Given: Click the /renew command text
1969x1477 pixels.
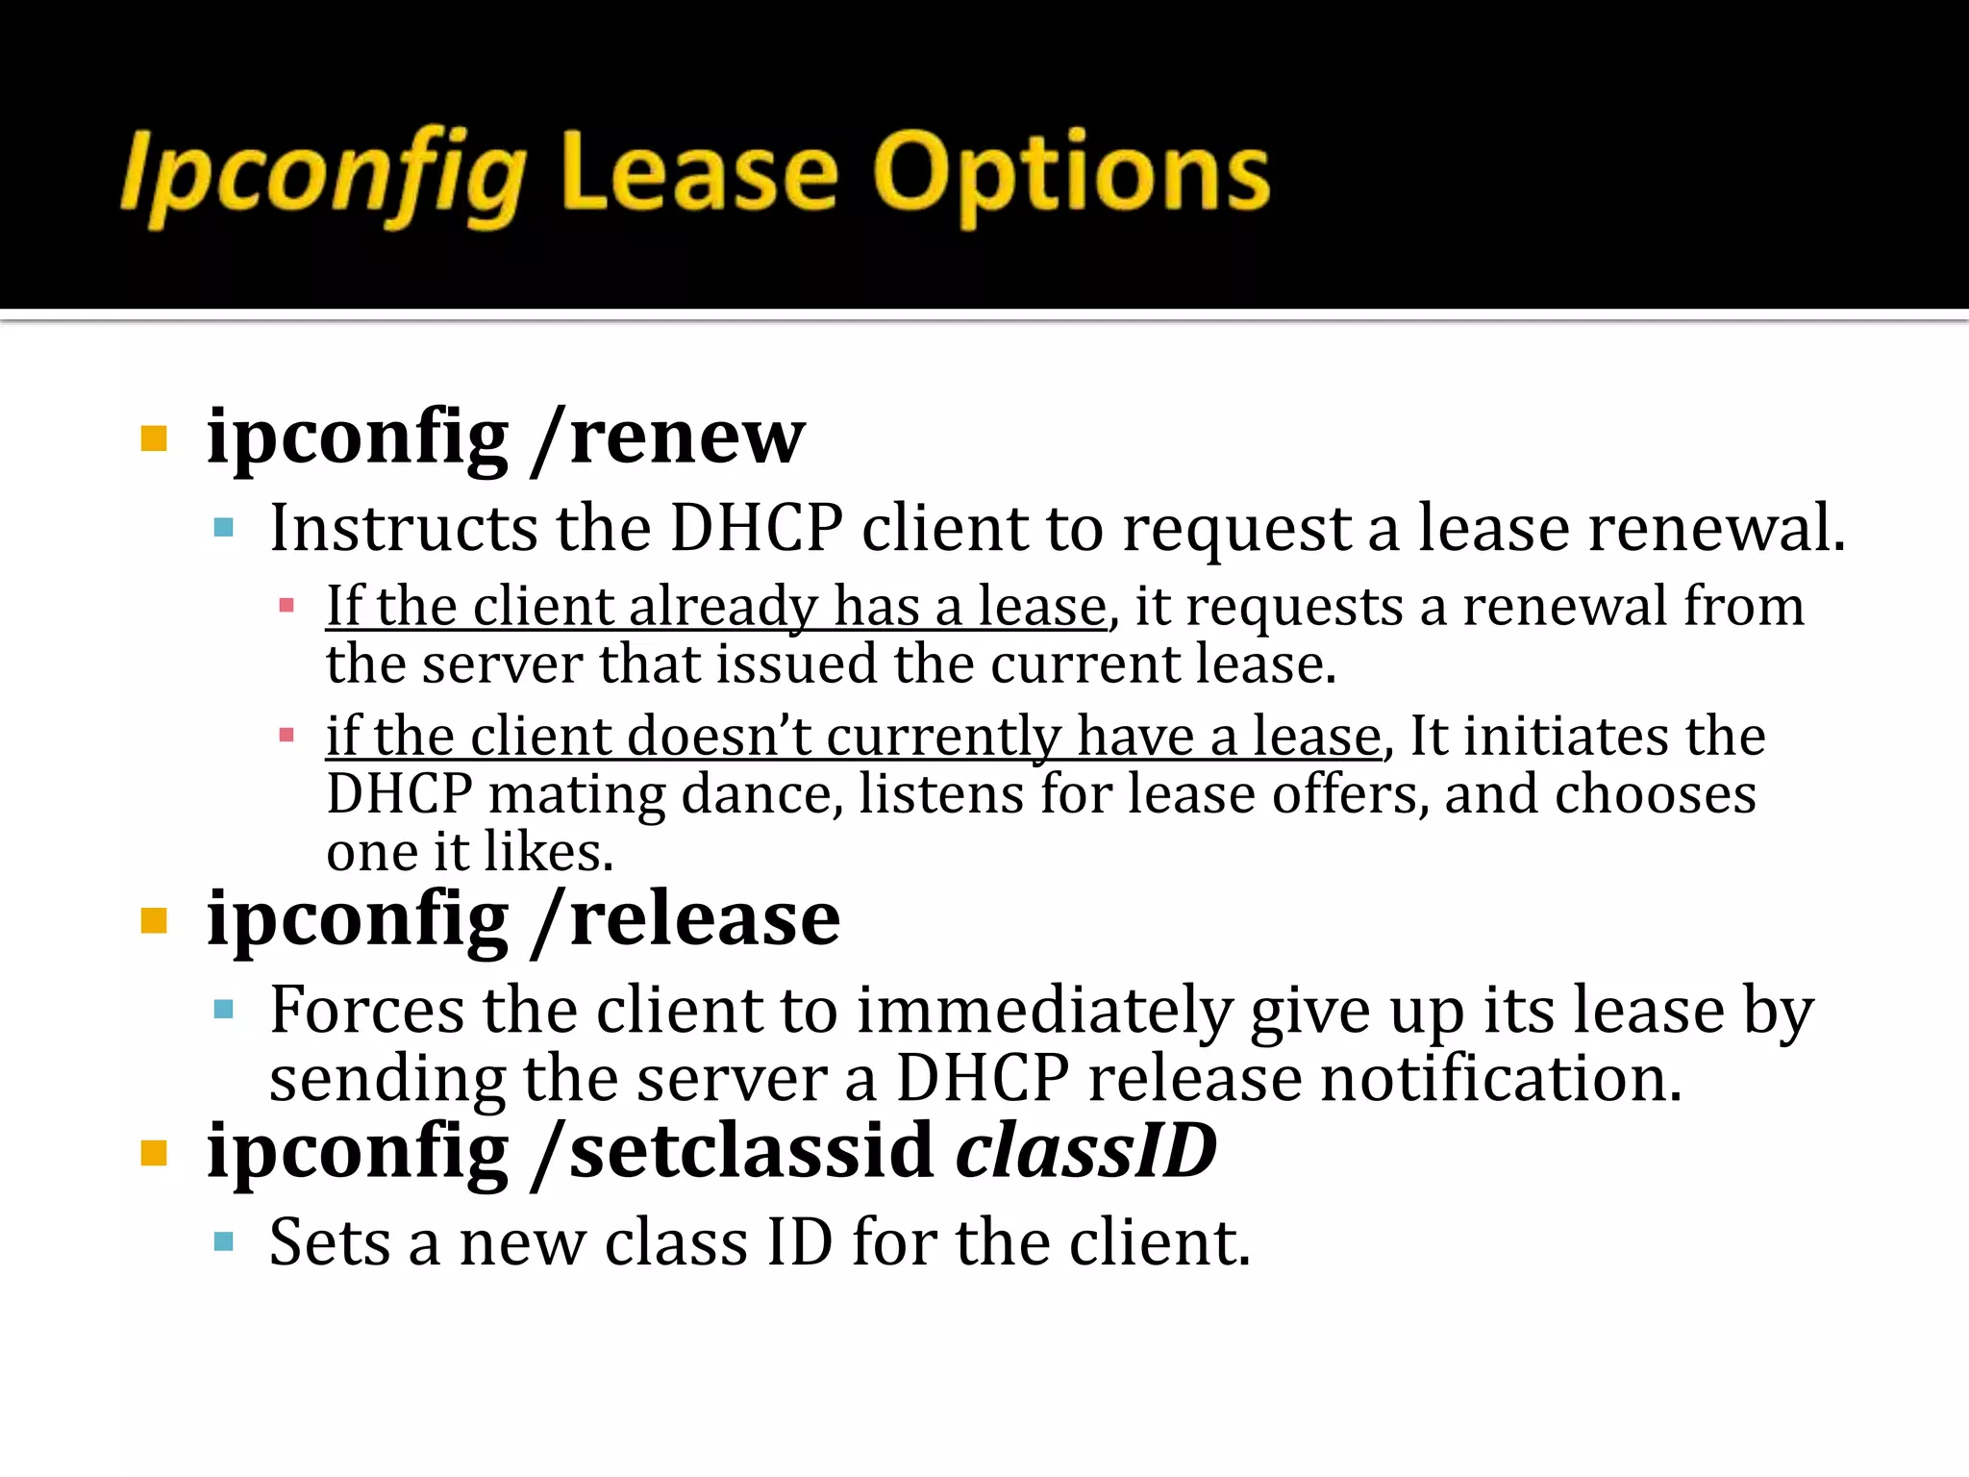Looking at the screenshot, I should (669, 438).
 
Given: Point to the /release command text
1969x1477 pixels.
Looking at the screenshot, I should (686, 920).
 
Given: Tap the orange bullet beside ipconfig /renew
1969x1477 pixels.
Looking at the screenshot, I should (154, 439).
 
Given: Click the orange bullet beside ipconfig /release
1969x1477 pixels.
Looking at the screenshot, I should (154, 921).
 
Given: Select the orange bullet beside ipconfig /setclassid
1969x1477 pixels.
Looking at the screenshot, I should (154, 1152).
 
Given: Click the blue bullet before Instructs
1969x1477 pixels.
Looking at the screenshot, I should (224, 528).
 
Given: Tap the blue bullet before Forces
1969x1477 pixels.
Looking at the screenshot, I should (224, 1010).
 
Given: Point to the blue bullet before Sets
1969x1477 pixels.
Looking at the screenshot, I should (224, 1242).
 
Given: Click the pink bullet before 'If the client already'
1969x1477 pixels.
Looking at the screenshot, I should (286, 607).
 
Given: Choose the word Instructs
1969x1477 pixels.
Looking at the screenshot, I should (404, 528).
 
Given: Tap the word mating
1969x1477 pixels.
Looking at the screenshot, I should (576, 794).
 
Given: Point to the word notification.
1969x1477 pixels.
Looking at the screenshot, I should (1501, 1078).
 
